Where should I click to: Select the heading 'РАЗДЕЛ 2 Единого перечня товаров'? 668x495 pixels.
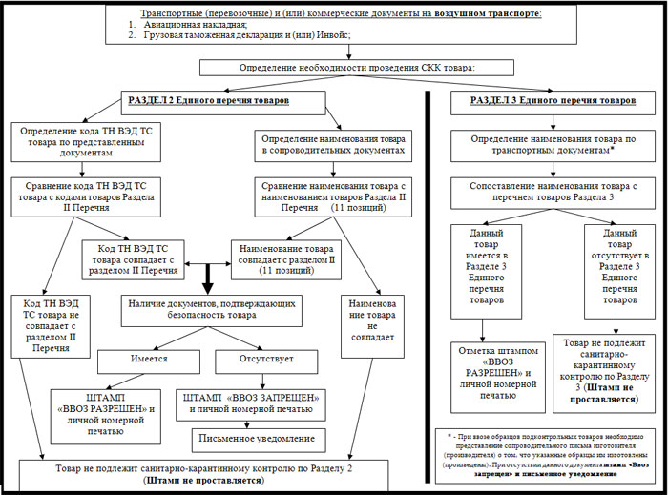tap(208, 99)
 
